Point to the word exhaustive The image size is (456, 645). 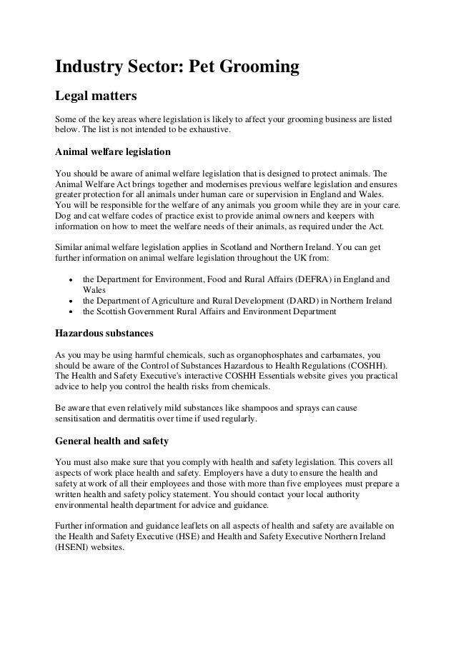click(209, 130)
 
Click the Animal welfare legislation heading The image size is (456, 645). click(113, 152)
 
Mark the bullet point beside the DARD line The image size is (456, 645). click(70, 301)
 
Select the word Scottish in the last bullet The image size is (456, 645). click(114, 311)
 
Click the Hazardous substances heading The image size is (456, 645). click(102, 334)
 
